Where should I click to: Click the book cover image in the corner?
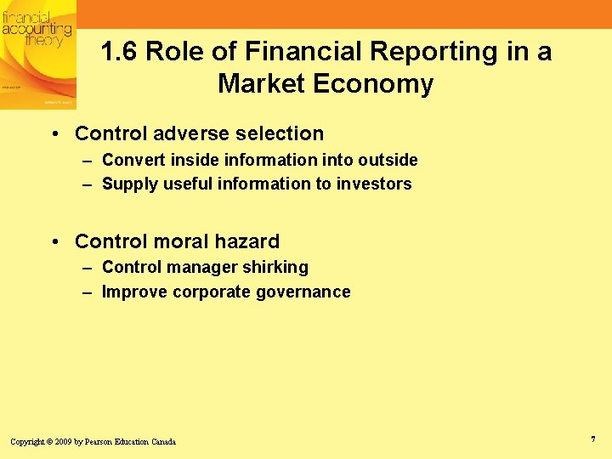(x=38, y=54)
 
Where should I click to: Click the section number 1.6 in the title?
(x=119, y=52)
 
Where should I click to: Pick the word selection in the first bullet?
(x=280, y=133)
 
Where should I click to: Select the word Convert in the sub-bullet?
(x=130, y=160)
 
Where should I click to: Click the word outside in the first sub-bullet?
(x=388, y=160)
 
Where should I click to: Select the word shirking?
(x=275, y=267)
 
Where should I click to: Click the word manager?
(x=204, y=267)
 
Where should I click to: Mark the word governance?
(x=309, y=292)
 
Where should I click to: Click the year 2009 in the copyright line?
(x=63, y=442)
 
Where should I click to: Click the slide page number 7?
(x=592, y=439)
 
